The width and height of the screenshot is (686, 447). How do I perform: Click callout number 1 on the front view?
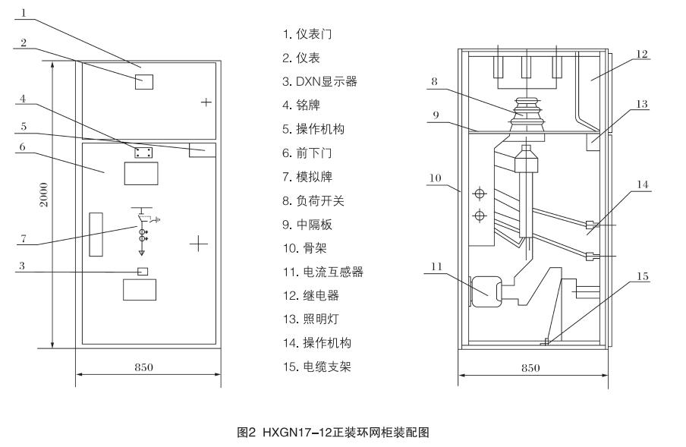click(24, 12)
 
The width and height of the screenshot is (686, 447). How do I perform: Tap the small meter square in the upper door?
click(143, 81)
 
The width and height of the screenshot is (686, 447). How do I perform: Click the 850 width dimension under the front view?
click(144, 367)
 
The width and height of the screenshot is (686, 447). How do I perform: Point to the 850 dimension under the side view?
click(530, 367)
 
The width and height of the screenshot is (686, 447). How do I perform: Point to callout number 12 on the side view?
click(641, 55)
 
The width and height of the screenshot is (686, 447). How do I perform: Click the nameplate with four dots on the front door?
click(143, 153)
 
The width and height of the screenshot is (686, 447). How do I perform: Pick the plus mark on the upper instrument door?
click(205, 102)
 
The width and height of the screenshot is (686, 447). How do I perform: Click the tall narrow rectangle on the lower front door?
click(96, 234)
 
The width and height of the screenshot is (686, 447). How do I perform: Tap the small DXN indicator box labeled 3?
click(142, 271)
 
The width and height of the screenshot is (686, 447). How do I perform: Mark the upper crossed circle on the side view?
click(478, 192)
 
